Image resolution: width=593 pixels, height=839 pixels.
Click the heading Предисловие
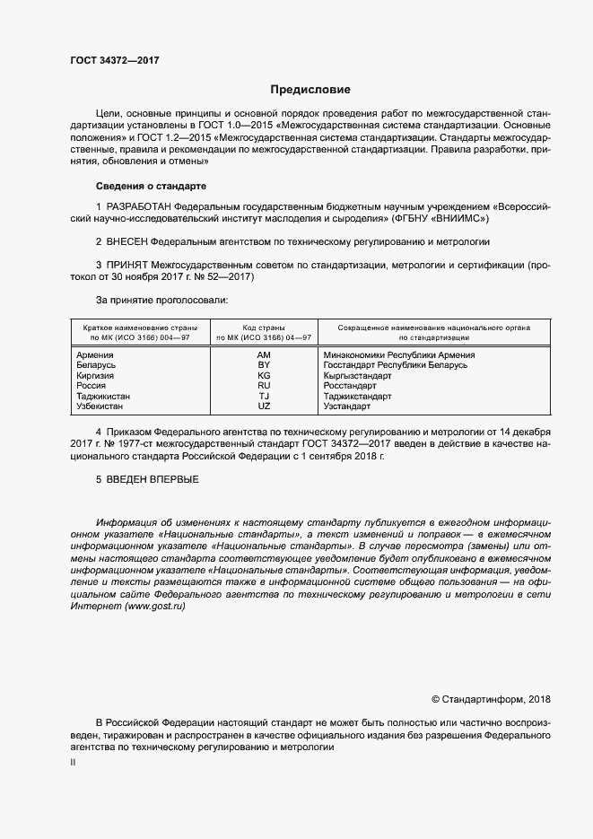(311, 90)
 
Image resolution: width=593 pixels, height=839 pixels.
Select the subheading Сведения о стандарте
(151, 186)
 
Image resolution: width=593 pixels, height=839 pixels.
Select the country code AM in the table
(264, 355)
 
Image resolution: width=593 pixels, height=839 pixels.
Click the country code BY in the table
(264, 365)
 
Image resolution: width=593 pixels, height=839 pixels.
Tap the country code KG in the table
(264, 376)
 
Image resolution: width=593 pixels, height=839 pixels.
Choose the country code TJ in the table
(264, 396)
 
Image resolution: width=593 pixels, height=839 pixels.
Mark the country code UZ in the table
(264, 406)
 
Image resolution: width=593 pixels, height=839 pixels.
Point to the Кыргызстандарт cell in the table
(357, 376)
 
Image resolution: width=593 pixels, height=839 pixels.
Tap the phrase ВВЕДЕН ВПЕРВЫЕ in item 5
(153, 479)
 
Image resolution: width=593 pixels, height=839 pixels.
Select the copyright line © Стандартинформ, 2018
(491, 699)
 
